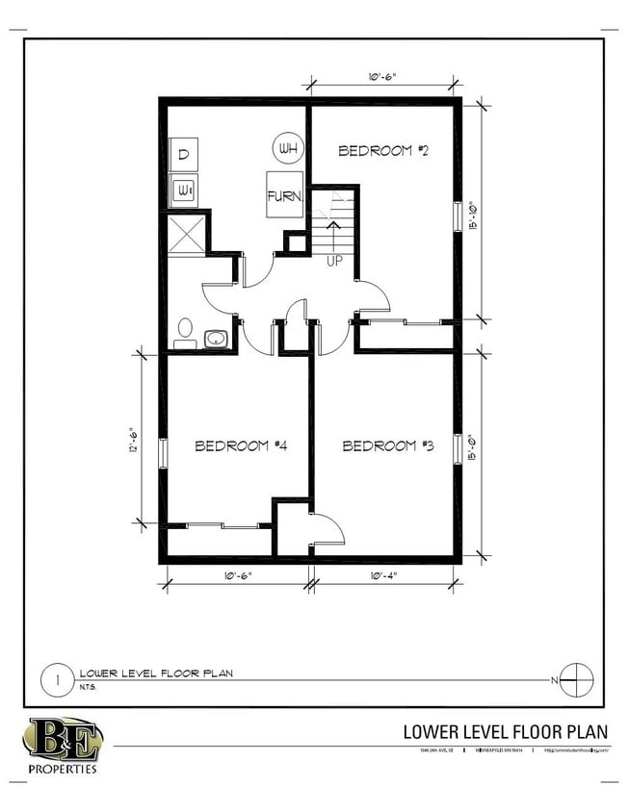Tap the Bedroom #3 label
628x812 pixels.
[388, 445]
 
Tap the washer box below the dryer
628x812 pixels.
[184, 190]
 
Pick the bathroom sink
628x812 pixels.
[216, 339]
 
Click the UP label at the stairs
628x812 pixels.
[334, 261]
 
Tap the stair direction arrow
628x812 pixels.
[334, 234]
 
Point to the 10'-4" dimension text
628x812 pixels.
[381, 575]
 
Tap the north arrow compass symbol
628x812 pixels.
[575, 679]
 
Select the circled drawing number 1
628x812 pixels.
[57, 680]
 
